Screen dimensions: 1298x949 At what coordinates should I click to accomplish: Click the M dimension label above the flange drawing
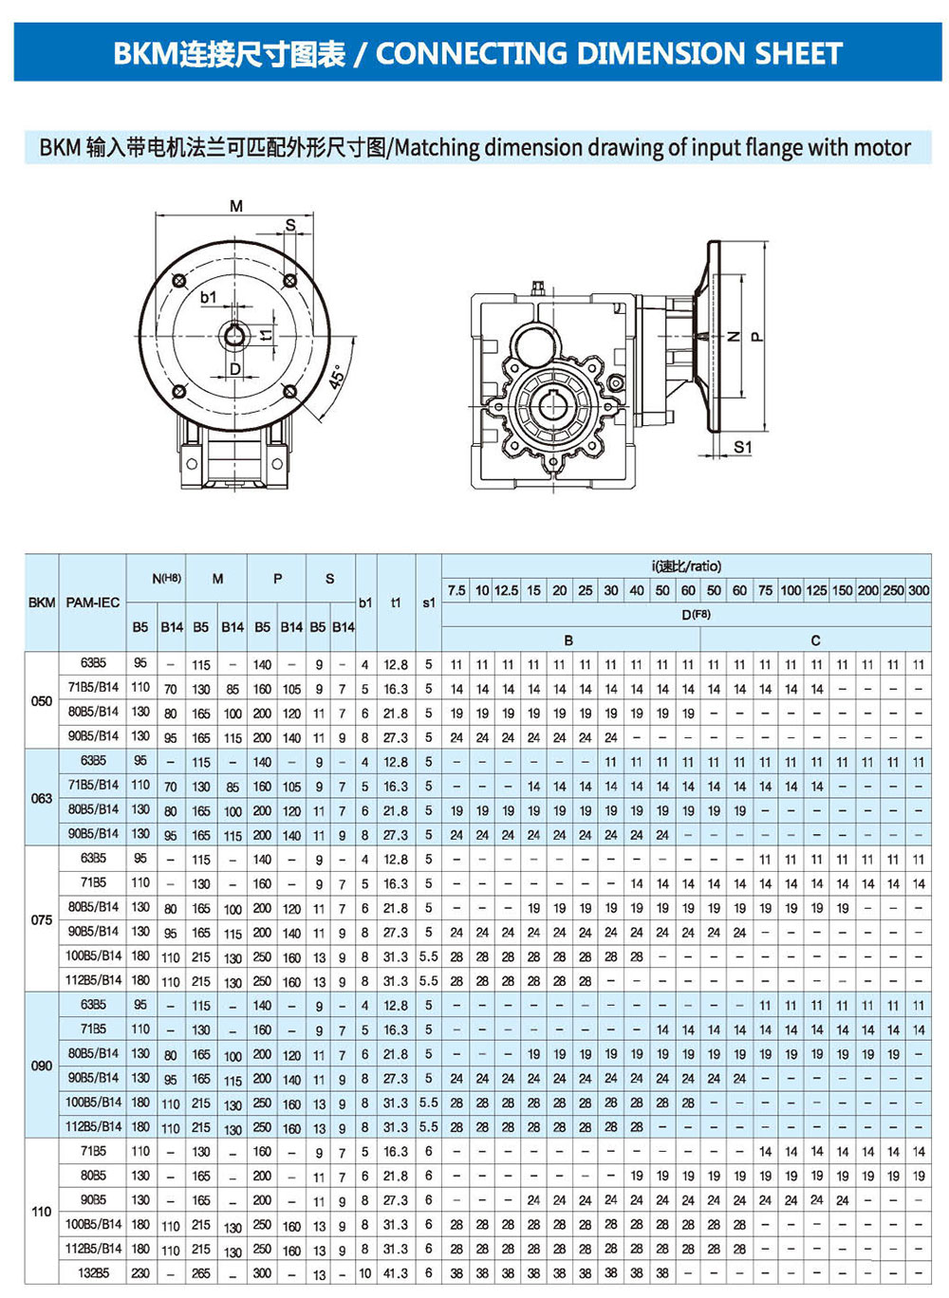click(x=236, y=206)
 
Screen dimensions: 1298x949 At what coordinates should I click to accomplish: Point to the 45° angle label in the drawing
click(x=338, y=379)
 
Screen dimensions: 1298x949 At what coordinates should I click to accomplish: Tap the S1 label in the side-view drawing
click(x=742, y=447)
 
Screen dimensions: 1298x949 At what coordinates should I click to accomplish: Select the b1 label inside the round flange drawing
click(x=209, y=297)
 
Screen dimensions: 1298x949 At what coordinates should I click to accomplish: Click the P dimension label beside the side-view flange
click(x=756, y=336)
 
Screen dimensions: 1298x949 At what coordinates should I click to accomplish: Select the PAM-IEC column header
click(x=93, y=603)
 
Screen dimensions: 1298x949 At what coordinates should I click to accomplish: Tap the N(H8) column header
click(x=166, y=578)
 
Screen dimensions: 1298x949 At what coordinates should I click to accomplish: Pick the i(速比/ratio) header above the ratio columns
click(x=686, y=566)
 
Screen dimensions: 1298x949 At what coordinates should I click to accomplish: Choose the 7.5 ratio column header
click(x=456, y=590)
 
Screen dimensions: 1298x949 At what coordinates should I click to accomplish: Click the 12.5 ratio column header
click(x=506, y=590)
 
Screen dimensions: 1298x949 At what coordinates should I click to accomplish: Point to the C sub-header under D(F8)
click(x=815, y=640)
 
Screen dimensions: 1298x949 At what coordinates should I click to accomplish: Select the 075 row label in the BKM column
click(x=42, y=919)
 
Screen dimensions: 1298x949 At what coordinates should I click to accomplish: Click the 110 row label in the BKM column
click(x=42, y=1212)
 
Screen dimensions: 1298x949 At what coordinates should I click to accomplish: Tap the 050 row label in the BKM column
click(x=42, y=701)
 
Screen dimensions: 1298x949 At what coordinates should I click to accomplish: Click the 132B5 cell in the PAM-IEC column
click(x=93, y=1273)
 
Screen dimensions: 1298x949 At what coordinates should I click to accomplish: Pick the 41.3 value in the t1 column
click(x=396, y=1273)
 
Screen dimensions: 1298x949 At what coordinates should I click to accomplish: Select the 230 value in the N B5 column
click(x=140, y=1273)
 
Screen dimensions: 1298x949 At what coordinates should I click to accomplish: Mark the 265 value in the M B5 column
click(x=201, y=1273)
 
